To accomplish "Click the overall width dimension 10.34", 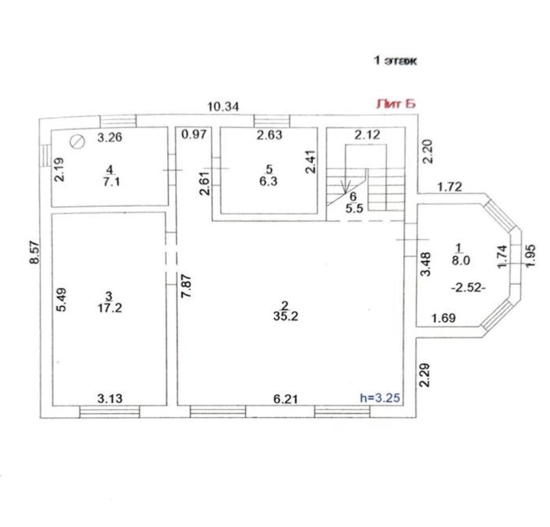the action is [223, 107].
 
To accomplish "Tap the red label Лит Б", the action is [396, 104].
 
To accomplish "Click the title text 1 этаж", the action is [395, 61].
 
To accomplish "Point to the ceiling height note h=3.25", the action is [380, 398].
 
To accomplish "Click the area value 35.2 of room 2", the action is [285, 316].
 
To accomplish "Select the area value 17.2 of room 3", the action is [110, 308].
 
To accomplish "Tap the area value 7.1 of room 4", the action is [112, 182].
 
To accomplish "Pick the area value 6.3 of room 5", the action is [269, 182].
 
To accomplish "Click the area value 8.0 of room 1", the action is [460, 260].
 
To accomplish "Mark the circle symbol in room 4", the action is [77, 142].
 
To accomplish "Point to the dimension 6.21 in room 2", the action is [285, 399].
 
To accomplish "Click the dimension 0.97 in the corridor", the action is [193, 135].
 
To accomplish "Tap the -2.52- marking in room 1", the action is [468, 288].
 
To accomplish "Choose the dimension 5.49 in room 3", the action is [62, 299].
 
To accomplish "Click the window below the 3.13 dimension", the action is [110, 412].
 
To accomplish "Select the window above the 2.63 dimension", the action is [272, 121].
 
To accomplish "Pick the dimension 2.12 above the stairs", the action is [367, 135].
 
